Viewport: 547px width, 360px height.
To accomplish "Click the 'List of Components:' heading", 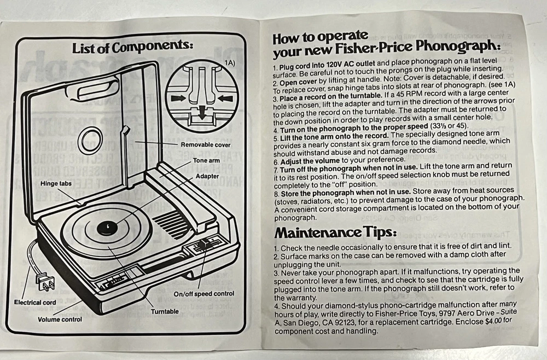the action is pos(132,47).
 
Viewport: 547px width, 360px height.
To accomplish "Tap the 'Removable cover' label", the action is pos(206,145).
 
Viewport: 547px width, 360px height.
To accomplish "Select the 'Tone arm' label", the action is pos(206,160).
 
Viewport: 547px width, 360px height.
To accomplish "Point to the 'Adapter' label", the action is pos(207,176).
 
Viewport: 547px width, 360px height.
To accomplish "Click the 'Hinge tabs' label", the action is pos(56,183).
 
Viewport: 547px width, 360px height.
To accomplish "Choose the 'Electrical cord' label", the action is pos(35,303).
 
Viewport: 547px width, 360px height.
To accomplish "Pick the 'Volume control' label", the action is pos(60,319).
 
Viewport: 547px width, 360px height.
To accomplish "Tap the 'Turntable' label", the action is pos(165,311).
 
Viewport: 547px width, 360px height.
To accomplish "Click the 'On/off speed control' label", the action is pos(203,294).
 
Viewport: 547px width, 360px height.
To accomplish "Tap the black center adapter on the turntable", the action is pos(107,228).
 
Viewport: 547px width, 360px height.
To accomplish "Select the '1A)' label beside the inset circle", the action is pos(229,63).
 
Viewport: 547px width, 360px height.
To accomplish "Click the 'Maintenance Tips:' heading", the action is pos(336,233).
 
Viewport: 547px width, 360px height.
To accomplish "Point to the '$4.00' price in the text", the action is pos(493,321).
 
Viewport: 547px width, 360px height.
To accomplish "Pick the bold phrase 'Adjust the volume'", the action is pos(310,161).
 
